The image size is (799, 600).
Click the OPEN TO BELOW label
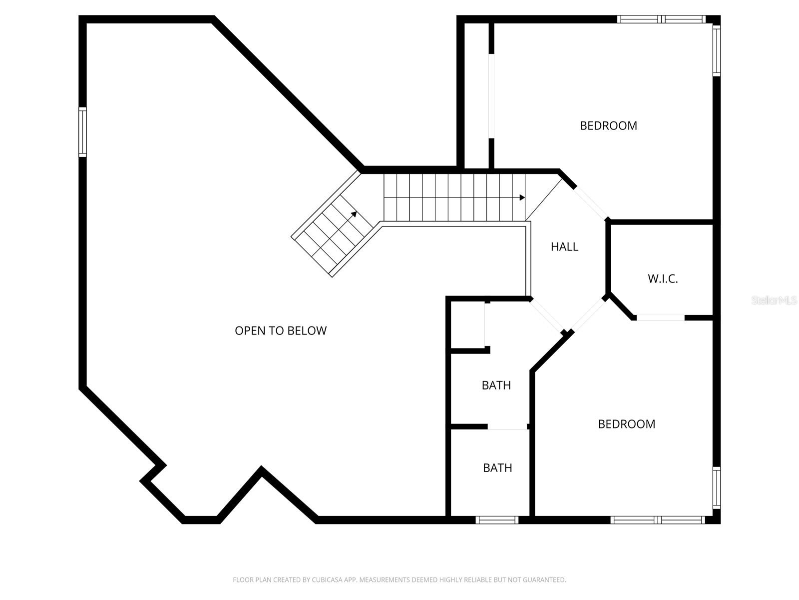281,330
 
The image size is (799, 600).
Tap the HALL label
564,246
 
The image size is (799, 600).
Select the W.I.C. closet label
663,279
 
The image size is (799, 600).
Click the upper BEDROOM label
608,125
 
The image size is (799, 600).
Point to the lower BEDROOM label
626,424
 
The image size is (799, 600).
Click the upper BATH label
496,385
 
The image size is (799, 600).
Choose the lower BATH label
497,468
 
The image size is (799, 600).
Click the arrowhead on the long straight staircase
522,197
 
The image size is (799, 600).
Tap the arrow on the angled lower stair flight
354,214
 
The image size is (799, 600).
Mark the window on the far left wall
82,132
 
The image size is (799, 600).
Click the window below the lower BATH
497,520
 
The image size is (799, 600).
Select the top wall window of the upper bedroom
661,19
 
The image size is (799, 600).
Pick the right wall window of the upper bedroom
716,50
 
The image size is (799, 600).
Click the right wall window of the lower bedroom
716,487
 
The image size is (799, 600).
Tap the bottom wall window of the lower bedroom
658,520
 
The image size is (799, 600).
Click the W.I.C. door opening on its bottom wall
660,317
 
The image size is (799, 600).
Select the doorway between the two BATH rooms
507,426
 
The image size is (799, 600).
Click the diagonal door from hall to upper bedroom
591,203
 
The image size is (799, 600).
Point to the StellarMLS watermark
774,300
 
